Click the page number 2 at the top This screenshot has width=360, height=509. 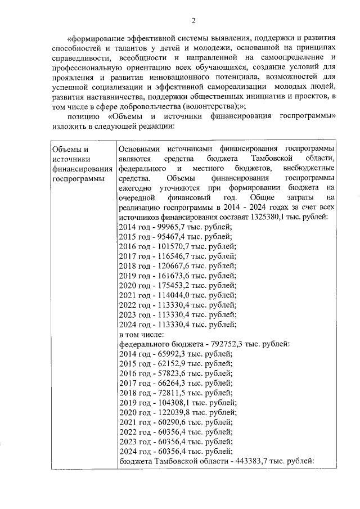(x=193, y=21)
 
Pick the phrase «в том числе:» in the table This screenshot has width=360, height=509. (x=139, y=335)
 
